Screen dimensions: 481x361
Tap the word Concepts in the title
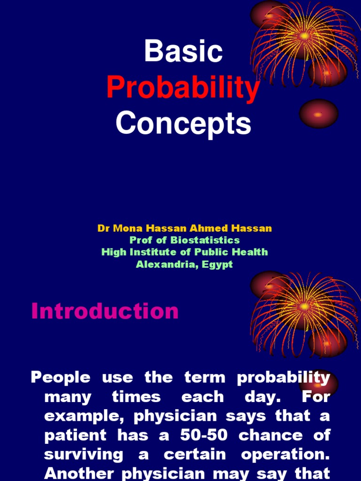pyautogui.click(x=183, y=124)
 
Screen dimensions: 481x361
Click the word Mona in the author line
pyautogui.click(x=125, y=229)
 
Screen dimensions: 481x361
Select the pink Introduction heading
pyautogui.click(x=105, y=311)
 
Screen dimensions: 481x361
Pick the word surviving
pyautogui.click(x=83, y=454)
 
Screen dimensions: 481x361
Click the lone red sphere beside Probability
pyautogui.click(x=319, y=114)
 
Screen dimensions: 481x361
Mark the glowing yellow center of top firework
pyautogui.click(x=304, y=35)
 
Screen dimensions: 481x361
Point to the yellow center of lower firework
pyautogui.click(x=304, y=306)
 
